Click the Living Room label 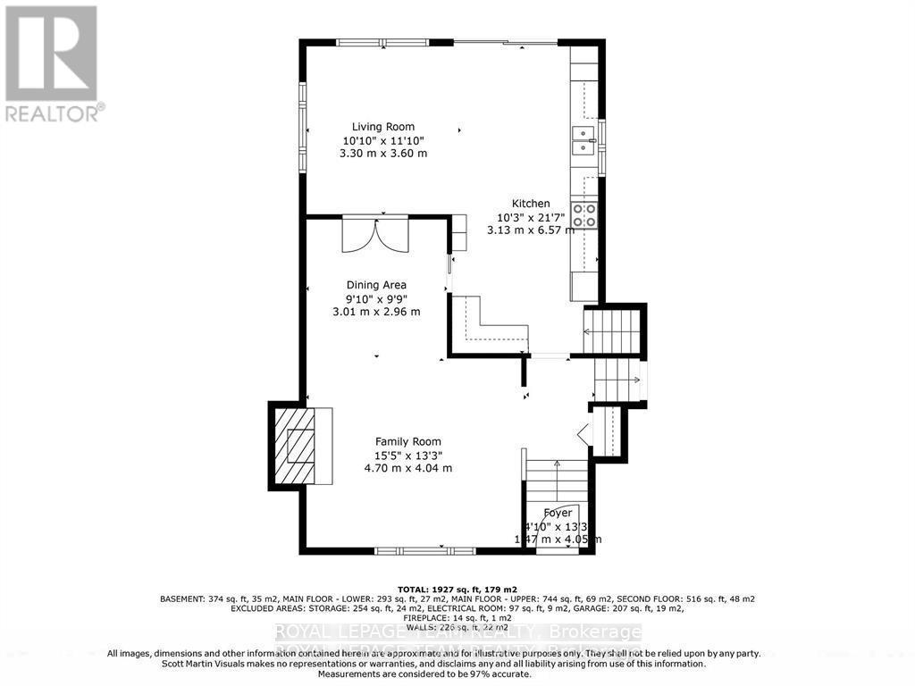[x=382, y=127]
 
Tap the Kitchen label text [x=530, y=204]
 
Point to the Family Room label [x=407, y=441]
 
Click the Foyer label [x=558, y=513]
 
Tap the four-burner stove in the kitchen [x=584, y=214]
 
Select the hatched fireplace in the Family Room [x=293, y=443]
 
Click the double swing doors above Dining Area [x=375, y=237]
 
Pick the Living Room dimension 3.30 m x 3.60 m [x=382, y=154]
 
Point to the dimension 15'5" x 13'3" [x=407, y=455]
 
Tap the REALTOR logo [x=52, y=63]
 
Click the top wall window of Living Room [x=382, y=41]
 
